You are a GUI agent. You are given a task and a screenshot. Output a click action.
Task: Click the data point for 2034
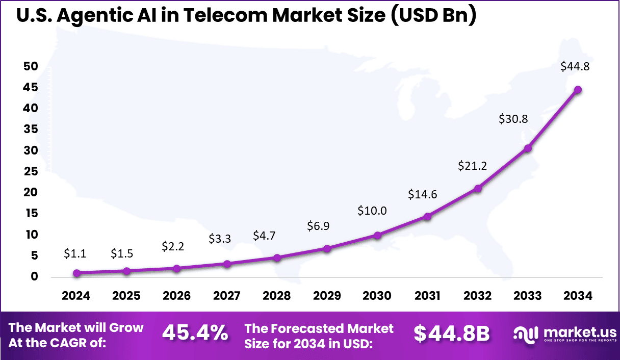578,90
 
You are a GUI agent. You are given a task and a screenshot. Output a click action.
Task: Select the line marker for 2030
377,235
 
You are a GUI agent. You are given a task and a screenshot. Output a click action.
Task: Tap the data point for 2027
227,264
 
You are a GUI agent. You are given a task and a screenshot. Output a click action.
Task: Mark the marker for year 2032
478,189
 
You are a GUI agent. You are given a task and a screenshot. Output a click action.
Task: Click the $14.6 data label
423,194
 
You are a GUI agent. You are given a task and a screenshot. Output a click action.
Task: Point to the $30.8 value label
513,119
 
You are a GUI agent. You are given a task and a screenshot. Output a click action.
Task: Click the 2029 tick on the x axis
327,296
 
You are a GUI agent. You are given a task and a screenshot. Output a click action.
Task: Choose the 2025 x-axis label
126,296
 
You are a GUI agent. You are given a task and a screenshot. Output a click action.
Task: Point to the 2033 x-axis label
528,296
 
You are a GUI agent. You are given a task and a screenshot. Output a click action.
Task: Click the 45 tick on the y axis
30,88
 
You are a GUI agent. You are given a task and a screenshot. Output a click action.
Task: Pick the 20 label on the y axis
30,192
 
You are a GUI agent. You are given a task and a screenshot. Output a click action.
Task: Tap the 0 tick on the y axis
34,276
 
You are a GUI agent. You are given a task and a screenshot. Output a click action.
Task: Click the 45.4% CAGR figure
195,333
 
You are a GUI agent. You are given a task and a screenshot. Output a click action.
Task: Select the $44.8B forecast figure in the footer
451,333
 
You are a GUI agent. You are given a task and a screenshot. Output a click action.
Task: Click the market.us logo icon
525,335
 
